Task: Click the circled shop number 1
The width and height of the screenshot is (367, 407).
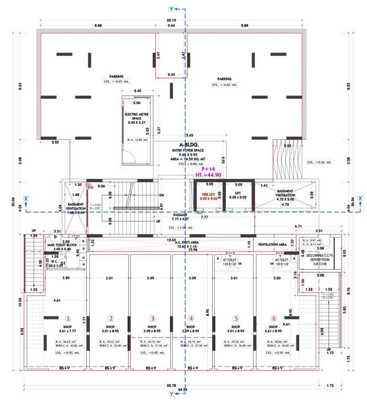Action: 67,318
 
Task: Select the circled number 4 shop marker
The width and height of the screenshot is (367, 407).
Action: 191,318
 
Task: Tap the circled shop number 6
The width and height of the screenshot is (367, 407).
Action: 274,318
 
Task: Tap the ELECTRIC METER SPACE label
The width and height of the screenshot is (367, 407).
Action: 138,117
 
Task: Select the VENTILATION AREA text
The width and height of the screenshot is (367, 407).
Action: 272,245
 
